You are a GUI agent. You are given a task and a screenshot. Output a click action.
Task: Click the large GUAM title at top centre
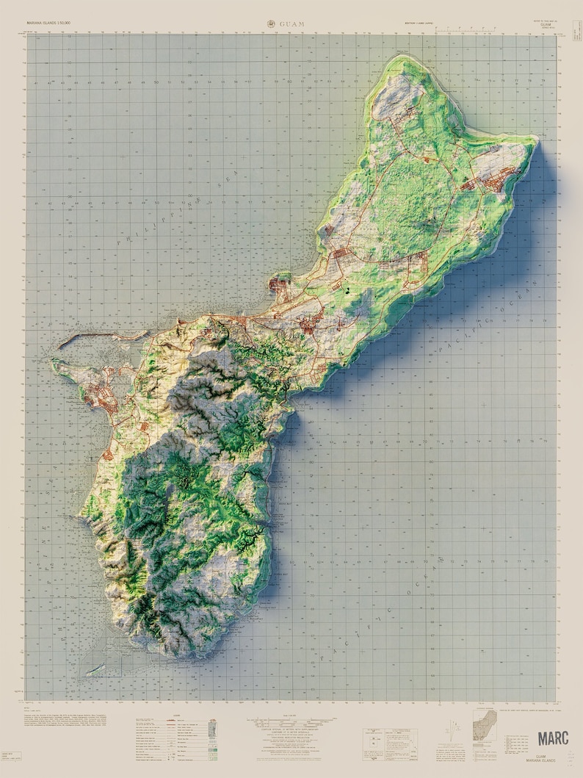click(x=291, y=24)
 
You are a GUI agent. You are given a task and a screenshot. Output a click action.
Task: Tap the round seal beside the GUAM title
click(x=272, y=24)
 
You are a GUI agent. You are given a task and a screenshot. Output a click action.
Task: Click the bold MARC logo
click(x=552, y=738)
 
